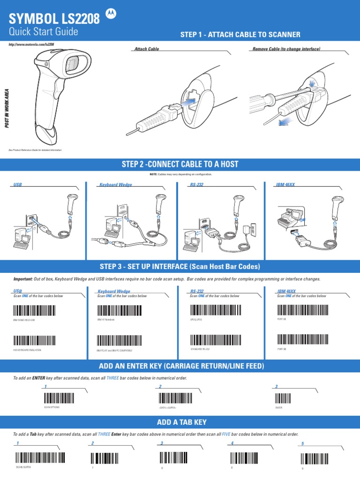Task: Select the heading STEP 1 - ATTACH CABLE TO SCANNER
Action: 240,35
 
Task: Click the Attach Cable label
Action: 146,49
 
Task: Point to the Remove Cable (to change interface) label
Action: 286,49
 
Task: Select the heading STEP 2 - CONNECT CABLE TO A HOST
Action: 180,164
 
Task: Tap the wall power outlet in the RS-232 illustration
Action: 252,229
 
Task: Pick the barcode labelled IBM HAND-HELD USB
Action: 34,311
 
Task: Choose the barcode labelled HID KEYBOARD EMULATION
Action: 34,341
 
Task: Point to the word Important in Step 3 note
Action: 22,279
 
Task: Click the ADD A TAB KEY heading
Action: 180,422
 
